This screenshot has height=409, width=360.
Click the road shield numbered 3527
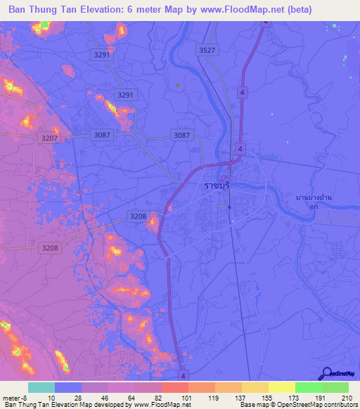click(x=207, y=51)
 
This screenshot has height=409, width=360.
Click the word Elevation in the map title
click(x=98, y=8)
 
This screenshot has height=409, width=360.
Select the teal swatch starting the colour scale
click(x=41, y=387)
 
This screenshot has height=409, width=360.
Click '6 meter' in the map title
click(x=148, y=8)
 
